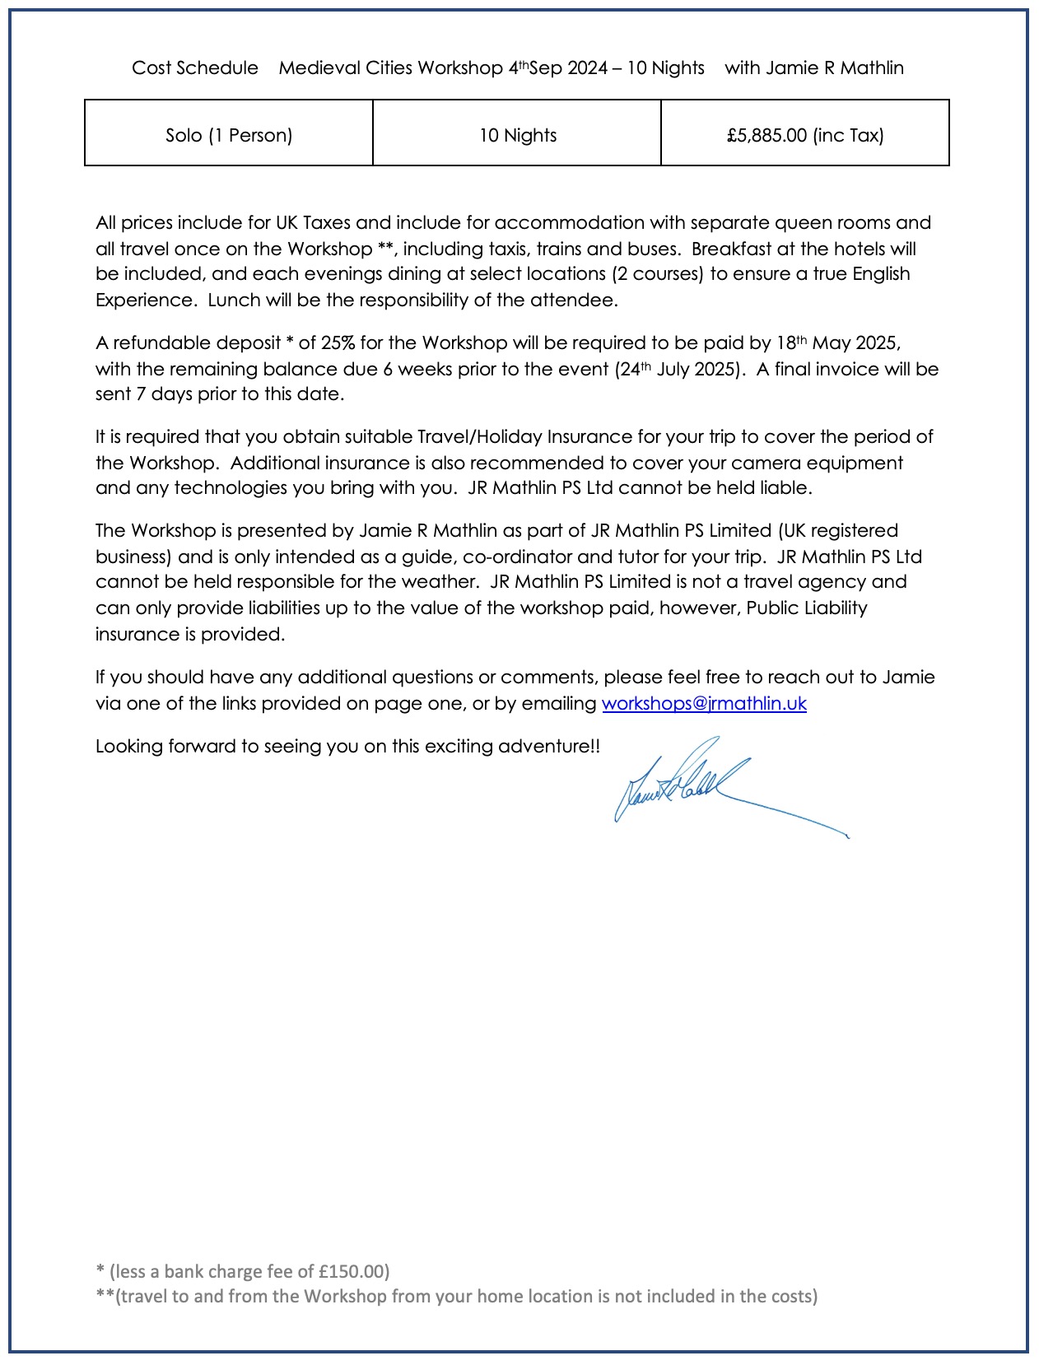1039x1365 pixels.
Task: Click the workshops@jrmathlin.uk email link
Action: pos(704,703)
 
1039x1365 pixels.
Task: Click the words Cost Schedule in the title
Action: pos(195,68)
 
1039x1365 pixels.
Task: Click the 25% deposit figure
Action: pos(338,342)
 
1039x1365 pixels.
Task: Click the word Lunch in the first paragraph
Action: pos(233,300)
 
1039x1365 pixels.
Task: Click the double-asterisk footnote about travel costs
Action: pos(457,1296)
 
